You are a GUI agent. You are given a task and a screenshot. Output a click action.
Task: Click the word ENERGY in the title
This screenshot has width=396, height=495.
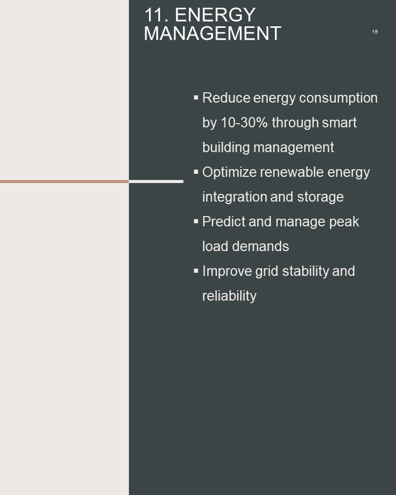[215, 14]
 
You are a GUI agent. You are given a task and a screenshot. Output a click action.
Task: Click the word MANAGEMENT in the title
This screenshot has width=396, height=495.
[212, 34]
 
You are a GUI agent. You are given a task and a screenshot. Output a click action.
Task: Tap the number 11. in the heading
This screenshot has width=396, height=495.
[156, 14]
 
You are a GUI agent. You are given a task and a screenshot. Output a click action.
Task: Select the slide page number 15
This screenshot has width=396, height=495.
[375, 31]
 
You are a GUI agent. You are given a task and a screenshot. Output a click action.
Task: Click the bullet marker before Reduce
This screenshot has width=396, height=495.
[196, 97]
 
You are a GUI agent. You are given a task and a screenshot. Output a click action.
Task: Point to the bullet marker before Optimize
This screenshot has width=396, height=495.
[196, 172]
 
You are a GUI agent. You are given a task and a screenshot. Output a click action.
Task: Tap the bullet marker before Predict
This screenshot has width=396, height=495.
[196, 221]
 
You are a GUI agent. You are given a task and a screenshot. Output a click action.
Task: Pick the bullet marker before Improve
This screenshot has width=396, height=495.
[196, 271]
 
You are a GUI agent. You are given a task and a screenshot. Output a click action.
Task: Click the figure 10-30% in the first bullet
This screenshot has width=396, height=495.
[244, 123]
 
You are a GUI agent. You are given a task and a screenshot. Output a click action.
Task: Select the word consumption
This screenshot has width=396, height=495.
[338, 98]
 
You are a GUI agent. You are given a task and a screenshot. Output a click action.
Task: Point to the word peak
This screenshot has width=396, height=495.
[344, 222]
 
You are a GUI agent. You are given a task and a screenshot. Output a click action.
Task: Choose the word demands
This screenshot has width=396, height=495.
[260, 246]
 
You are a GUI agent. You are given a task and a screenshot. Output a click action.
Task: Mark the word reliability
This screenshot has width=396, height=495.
[229, 296]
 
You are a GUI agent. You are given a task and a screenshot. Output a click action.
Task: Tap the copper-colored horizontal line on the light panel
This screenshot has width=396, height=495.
[64, 181]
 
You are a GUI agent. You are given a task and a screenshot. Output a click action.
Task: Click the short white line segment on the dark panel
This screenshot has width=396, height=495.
[156, 181]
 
